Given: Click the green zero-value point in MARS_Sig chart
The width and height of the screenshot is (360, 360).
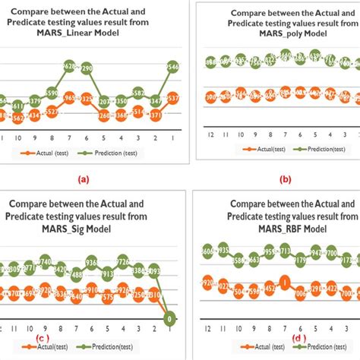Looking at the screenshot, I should click(x=172, y=318).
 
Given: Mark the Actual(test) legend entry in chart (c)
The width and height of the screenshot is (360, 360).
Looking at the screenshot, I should click(x=42, y=349).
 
